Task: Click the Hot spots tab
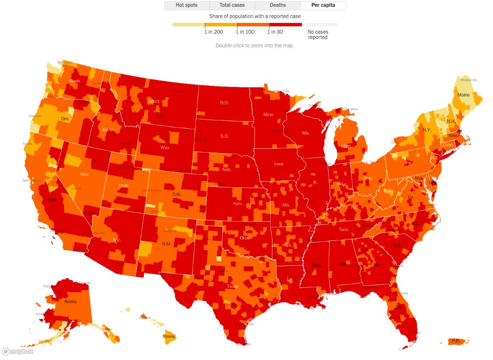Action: coord(186,5)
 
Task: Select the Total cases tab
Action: coord(232,5)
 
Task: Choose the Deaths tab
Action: coord(277,5)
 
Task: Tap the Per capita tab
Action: coord(323,5)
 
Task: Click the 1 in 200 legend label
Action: coord(213,32)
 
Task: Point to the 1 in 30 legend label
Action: coord(276,32)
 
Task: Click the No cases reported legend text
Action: coord(318,35)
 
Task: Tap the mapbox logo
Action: coord(18,351)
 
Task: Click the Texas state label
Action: coord(233,286)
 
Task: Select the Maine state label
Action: coord(464,95)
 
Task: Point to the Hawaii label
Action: coord(169,336)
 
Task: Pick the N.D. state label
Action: coord(224,103)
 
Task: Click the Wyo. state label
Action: coord(165,147)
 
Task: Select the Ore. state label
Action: coord(65,119)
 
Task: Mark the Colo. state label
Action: coord(177,194)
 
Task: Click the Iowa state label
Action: coord(278,164)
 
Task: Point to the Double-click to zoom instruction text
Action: coord(255,45)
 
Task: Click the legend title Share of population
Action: coord(255,16)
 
